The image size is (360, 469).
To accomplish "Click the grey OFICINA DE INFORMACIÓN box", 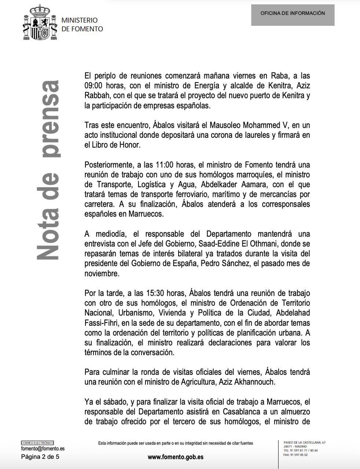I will [293, 15].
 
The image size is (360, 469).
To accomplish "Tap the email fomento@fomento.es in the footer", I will [43, 449].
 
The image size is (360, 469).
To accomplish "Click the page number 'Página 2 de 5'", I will [40, 457].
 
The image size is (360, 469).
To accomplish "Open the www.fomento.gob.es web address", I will [175, 457].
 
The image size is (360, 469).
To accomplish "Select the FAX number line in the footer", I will [295, 455].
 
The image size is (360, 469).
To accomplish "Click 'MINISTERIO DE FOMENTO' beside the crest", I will [82, 25].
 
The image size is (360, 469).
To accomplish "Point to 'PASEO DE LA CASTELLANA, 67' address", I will [305, 443].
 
